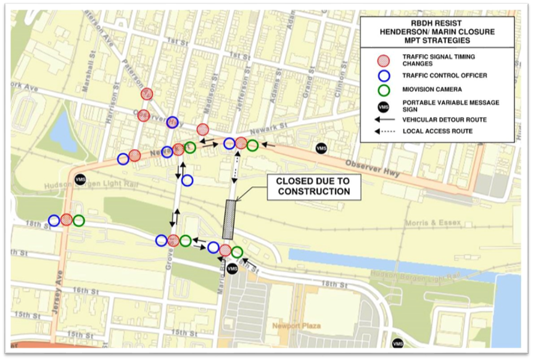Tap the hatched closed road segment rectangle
(x=229, y=219)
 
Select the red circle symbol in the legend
(x=383, y=60)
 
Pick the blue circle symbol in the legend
(x=383, y=76)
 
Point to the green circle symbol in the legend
(x=383, y=90)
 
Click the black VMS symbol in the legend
(x=383, y=106)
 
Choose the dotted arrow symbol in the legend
(x=383, y=131)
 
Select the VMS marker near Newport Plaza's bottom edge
(x=398, y=343)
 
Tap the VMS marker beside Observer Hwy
(x=321, y=148)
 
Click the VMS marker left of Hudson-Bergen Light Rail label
(x=80, y=179)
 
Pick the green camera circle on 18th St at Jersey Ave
(x=78, y=220)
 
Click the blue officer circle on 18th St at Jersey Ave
(x=54, y=220)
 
